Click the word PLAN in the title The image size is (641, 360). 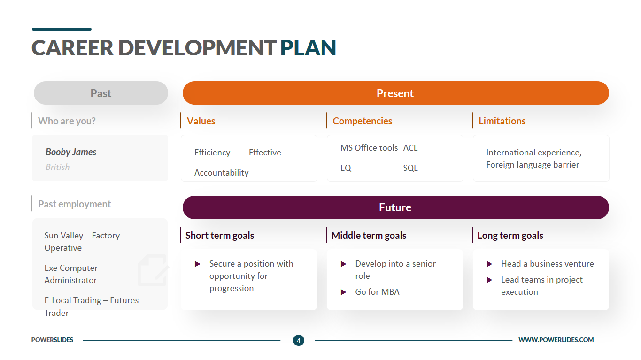[x=308, y=48]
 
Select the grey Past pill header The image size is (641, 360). [x=100, y=93]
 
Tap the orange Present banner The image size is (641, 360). [x=395, y=93]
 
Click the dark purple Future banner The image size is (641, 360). [x=395, y=207]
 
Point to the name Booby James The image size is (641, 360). [x=71, y=152]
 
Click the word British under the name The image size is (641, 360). [x=57, y=167]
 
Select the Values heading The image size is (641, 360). [x=201, y=121]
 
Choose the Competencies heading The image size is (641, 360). [x=362, y=121]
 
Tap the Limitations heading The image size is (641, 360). [x=502, y=121]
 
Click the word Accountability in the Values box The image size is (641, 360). [x=222, y=173]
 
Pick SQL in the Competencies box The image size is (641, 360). [x=410, y=168]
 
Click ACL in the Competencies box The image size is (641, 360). [x=410, y=148]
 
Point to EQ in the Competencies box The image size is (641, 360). [x=346, y=168]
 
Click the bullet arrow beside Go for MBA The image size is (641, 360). [x=344, y=292]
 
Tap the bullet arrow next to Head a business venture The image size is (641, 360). [x=490, y=264]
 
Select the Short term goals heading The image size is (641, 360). [x=220, y=236]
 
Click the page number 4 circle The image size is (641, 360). [x=299, y=340]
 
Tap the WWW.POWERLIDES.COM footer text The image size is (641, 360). [x=556, y=340]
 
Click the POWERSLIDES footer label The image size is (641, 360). [x=52, y=340]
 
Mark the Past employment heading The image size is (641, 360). [x=74, y=204]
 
